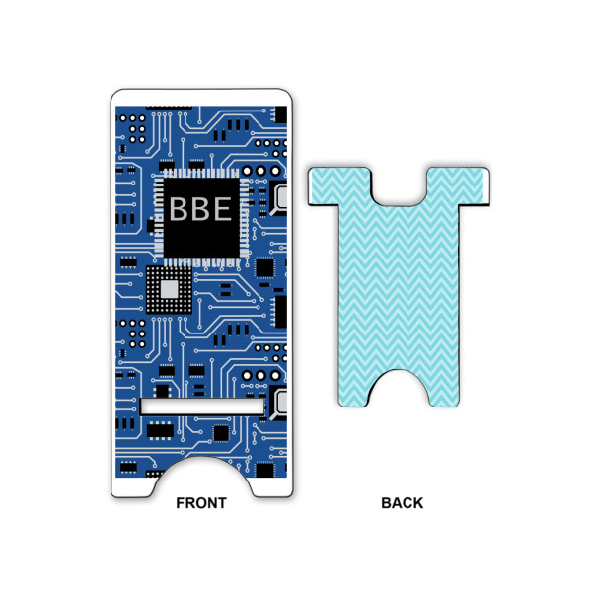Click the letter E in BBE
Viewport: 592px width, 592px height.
221,209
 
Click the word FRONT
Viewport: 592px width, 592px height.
201,503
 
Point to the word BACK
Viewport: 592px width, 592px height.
402,503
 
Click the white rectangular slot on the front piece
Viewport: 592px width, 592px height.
202,407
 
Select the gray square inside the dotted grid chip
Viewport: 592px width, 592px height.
170,288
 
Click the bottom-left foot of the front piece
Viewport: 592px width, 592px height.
129,483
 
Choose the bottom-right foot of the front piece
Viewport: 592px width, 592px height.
275,483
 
